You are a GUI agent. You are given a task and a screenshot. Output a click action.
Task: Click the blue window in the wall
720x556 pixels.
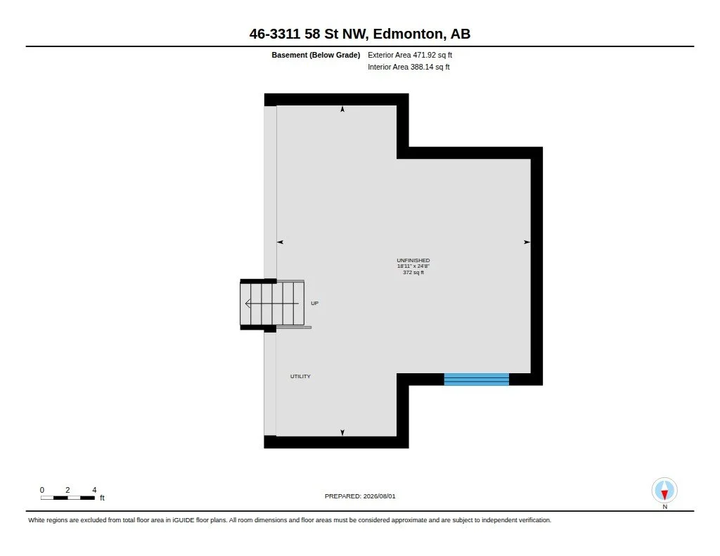477,380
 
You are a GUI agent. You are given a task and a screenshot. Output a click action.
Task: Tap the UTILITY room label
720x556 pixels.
300,377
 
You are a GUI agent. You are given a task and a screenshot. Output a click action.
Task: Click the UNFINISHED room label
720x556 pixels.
413,260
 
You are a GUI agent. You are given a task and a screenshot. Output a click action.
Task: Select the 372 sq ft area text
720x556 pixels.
413,272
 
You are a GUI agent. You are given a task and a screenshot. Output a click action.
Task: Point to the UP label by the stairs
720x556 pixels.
314,303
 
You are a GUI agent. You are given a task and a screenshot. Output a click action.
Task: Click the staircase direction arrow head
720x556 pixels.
247,304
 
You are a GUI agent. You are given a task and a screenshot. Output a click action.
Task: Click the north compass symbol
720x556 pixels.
664,491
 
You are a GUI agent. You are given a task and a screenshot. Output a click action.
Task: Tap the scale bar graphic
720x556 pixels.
67,498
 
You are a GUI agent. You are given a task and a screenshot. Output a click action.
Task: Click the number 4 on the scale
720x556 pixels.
94,490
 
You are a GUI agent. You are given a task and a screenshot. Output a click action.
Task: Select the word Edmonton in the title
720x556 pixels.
409,34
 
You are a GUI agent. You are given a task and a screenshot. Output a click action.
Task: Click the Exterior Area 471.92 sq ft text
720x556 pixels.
410,55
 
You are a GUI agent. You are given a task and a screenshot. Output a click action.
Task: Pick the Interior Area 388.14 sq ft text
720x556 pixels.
409,67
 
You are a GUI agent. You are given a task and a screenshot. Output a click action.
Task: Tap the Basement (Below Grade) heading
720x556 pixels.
316,55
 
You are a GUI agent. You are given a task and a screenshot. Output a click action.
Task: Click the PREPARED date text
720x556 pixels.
360,496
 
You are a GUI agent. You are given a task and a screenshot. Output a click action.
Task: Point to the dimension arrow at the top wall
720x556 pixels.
342,109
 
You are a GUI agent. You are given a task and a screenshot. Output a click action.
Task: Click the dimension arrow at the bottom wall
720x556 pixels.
342,432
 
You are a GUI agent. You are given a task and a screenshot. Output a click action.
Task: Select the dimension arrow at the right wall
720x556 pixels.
527,242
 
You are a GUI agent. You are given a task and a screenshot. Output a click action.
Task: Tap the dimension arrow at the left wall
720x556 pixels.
280,242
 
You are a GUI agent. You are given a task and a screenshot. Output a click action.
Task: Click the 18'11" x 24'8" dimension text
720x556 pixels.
413,266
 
